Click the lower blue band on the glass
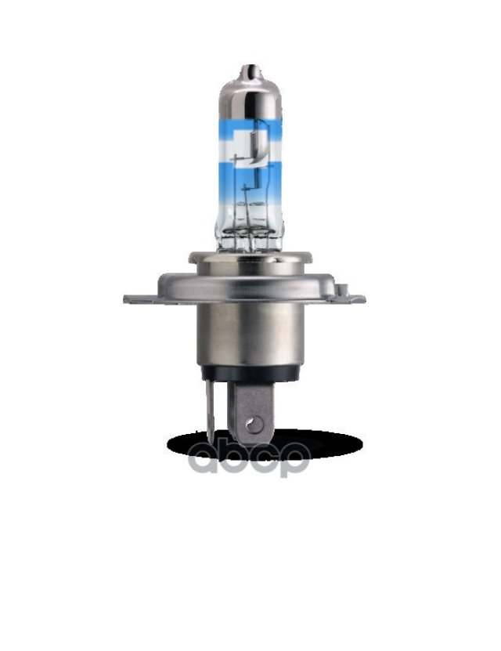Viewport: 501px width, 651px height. [x=250, y=179]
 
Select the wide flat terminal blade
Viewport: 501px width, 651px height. [x=251, y=412]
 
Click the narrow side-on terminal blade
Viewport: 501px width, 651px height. [x=211, y=412]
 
